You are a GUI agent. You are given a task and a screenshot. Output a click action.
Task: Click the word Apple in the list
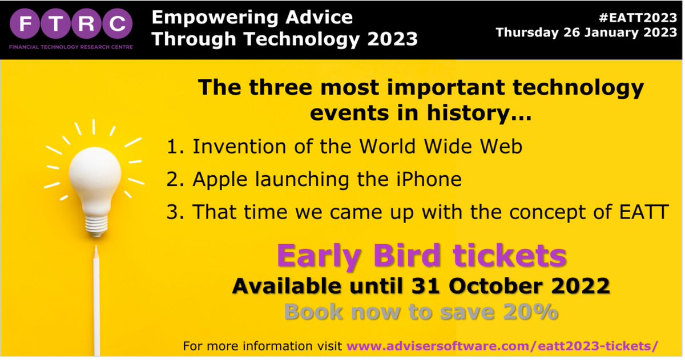pos(220,179)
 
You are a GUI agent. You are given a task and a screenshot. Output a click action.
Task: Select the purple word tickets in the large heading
pos(508,258)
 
